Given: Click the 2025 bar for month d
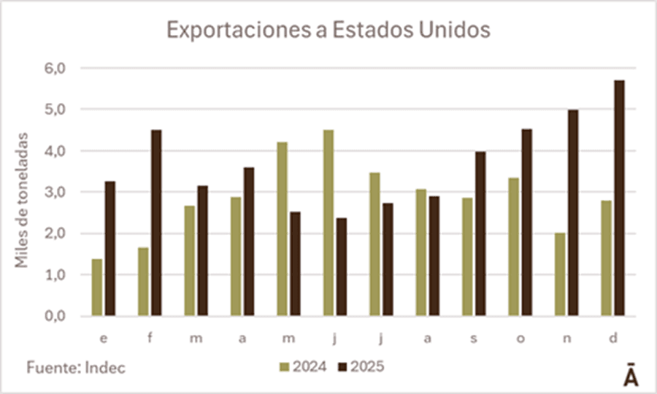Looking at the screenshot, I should (x=619, y=198).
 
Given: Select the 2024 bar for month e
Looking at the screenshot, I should (x=97, y=287).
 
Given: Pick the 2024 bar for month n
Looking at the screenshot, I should (x=560, y=274).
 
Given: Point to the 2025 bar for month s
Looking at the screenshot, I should (x=480, y=234).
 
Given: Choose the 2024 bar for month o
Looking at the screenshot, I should (x=513, y=247).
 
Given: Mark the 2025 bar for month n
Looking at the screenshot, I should (x=573, y=213).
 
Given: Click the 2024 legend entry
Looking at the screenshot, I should (x=303, y=366).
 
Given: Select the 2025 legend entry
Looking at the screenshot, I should (x=361, y=366).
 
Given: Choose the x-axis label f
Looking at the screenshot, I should (x=150, y=339).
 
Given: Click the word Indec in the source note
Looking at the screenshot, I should (x=107, y=368).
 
